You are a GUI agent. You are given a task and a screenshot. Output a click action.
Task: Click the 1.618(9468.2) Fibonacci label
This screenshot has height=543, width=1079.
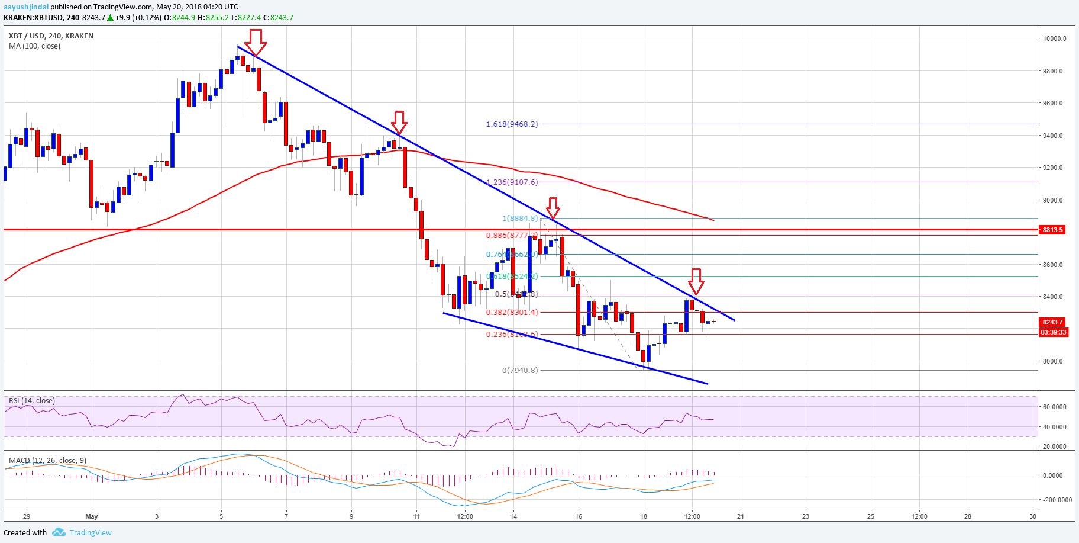point(512,124)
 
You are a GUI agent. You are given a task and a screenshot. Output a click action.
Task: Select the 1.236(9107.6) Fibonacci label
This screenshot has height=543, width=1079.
point(512,182)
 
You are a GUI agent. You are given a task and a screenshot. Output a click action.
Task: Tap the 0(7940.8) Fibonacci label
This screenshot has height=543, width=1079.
point(520,371)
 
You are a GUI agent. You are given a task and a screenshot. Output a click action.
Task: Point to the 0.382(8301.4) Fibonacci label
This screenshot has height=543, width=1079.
point(512,313)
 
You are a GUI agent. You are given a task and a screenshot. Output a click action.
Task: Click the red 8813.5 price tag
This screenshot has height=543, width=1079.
point(1052,230)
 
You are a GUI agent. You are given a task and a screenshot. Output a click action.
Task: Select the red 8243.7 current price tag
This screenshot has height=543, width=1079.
point(1052,323)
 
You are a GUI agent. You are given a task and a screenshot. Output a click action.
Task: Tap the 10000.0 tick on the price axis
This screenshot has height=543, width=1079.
point(1055,39)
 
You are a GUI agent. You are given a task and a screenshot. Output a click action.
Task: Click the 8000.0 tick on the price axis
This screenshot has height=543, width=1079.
point(1053,361)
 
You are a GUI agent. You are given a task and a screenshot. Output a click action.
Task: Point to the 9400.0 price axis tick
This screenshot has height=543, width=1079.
point(1053,136)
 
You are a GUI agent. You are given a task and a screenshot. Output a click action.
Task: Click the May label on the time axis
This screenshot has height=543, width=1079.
point(92,516)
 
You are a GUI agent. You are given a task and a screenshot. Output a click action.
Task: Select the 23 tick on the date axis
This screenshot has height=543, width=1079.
point(805,516)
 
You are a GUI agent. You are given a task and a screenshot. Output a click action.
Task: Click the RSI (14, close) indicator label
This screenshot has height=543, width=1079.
point(32,401)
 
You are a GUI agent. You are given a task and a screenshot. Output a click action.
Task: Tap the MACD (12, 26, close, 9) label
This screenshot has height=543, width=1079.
point(47,461)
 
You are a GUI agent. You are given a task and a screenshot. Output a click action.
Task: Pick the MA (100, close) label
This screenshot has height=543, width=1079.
point(34,46)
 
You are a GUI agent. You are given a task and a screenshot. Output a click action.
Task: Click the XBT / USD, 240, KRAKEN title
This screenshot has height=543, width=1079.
point(51,36)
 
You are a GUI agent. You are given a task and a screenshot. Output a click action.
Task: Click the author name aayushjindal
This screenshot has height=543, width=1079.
point(26,7)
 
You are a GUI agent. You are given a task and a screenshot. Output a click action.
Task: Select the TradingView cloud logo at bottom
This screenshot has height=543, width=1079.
point(59,532)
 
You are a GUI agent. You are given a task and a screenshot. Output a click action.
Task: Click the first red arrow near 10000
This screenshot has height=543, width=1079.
point(256,42)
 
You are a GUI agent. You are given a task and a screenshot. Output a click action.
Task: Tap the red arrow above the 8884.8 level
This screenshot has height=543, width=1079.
point(553,208)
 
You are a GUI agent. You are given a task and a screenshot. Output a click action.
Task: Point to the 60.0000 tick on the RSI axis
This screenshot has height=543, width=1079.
point(1054,407)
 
